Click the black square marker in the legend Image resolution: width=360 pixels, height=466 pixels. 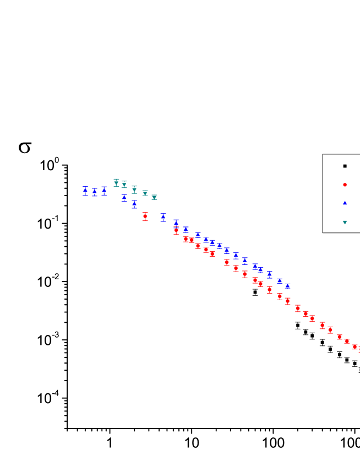(345, 166)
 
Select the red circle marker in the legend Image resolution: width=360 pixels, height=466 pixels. (345, 185)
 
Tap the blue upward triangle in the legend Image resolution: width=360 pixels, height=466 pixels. (345, 203)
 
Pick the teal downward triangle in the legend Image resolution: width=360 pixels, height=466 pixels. (345, 223)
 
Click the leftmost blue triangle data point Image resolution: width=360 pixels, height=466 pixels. (85, 190)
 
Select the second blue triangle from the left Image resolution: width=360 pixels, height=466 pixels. (95, 192)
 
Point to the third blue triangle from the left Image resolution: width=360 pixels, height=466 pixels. (104, 191)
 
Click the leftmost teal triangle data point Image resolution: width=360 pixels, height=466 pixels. (116, 183)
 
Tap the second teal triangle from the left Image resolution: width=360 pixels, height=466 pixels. (124, 185)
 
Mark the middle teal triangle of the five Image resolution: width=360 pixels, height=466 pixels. (134, 189)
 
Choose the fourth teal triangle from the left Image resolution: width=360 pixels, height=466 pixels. (145, 193)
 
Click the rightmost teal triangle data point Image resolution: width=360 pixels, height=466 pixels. (154, 197)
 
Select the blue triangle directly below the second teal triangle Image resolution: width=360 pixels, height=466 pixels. (124, 197)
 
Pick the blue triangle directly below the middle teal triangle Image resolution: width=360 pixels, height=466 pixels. (134, 204)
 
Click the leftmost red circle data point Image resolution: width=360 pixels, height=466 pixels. (145, 216)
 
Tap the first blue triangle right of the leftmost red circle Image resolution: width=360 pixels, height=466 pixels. (163, 217)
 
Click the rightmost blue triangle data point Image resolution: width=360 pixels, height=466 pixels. (287, 286)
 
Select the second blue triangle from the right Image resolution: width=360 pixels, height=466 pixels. (280, 281)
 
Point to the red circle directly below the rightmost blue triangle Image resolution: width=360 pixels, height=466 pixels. (287, 301)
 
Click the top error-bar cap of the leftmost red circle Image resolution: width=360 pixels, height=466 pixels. (145, 213)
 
